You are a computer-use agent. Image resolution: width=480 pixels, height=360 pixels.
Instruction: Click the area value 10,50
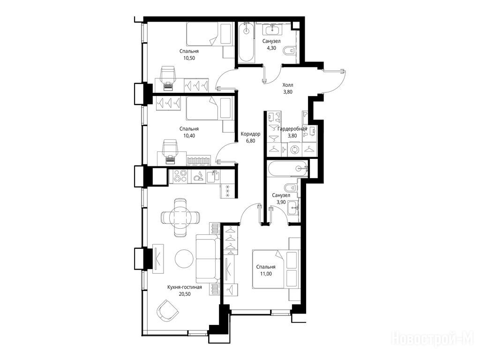[189, 58]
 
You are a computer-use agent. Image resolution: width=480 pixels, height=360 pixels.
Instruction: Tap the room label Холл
[287, 85]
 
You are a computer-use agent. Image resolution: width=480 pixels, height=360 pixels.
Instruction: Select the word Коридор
[250, 134]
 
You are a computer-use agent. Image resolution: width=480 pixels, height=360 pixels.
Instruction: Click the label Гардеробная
[292, 129]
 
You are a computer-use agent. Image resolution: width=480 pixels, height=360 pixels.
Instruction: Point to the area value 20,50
[185, 294]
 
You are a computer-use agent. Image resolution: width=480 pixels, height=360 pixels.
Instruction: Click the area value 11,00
[266, 274]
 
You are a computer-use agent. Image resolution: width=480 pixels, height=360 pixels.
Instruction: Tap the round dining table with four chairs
[180, 217]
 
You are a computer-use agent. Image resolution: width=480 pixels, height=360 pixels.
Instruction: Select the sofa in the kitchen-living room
[208, 259]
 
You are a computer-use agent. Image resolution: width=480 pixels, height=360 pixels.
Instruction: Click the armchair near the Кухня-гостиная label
[167, 310]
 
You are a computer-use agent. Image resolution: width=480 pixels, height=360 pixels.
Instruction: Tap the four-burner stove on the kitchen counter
[180, 177]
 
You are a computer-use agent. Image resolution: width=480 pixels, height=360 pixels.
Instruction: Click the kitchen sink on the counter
[213, 176]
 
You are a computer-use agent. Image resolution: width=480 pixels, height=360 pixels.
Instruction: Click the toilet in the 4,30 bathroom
[290, 52]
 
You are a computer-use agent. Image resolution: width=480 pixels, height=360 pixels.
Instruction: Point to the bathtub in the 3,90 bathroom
[287, 168]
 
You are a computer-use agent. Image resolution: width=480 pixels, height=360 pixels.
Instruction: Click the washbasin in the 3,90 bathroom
[293, 208]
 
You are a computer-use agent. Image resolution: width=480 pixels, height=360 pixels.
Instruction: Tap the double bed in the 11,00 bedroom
[275, 269]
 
